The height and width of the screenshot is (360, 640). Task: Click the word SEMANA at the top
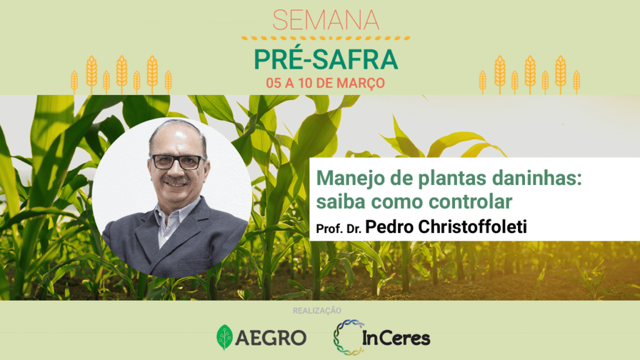tap(326, 20)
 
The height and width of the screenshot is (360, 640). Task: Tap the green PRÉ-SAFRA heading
tap(326, 59)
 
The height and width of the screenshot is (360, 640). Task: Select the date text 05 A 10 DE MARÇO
tap(325, 83)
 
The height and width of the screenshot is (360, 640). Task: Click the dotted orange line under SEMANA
tap(326, 38)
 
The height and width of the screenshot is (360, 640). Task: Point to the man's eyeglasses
tap(178, 162)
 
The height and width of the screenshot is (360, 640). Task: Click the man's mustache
tap(176, 180)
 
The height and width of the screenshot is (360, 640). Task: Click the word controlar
tap(471, 202)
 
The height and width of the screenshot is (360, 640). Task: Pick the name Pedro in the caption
tap(389, 226)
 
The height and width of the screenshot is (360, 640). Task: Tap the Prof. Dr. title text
tap(339, 229)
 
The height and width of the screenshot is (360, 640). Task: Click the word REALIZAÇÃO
tap(317, 311)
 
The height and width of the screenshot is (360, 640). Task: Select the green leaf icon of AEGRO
tap(224, 337)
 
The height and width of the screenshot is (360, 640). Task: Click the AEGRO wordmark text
tap(271, 338)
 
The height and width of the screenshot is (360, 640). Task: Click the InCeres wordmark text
tap(396, 337)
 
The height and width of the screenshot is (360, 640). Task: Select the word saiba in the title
tap(341, 202)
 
